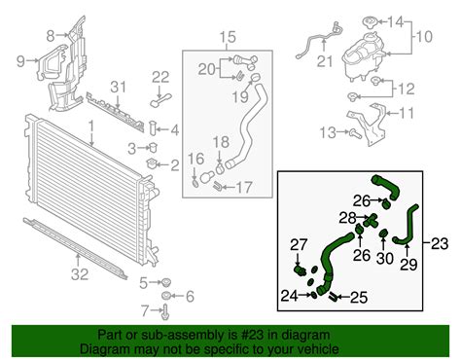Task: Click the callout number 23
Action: coord(440,243)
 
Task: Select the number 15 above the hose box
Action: coord(228,37)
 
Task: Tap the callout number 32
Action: coord(80,274)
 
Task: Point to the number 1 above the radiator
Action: coord(91,126)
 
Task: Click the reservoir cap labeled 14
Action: coord(370,23)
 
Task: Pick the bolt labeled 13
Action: coord(355,132)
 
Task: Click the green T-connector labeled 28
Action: coord(372,220)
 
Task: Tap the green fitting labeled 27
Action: coord(301,270)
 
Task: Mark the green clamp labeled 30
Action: coord(383,234)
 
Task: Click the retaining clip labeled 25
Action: coord(333,296)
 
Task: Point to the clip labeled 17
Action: coord(217,186)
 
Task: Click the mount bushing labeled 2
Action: coord(152,163)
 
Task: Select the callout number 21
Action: coord(325,61)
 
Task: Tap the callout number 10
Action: coord(424,36)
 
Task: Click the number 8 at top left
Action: coord(51,36)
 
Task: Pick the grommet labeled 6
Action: coord(166,296)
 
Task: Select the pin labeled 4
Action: coord(153,128)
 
